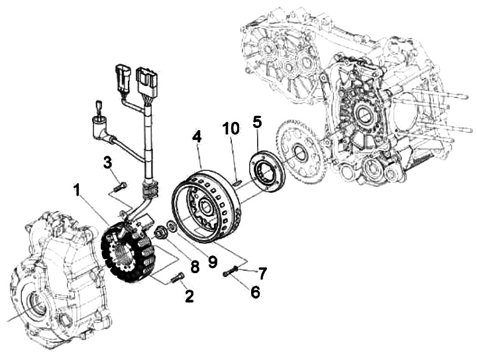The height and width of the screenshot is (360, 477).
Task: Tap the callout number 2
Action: point(189,296)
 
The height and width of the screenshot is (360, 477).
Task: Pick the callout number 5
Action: point(257,121)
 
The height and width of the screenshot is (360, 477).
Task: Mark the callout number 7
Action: point(262,272)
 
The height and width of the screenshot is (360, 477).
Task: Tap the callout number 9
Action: point(212,262)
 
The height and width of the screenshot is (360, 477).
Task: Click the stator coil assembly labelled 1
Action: point(130,252)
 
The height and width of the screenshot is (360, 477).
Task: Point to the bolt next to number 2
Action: point(176,279)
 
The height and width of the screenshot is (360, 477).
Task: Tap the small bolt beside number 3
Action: point(119,186)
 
